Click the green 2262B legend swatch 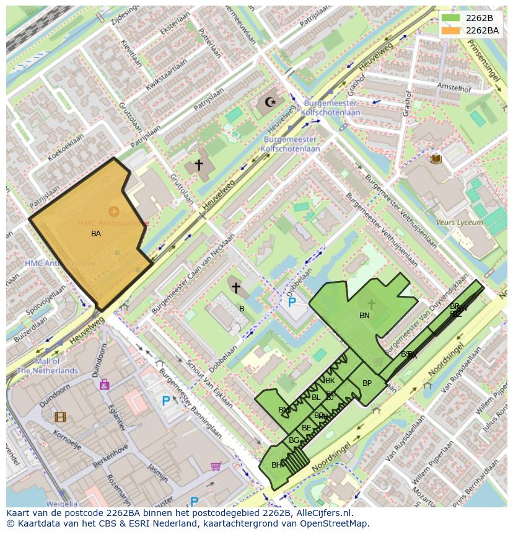point(450,18)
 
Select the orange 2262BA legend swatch point(450,30)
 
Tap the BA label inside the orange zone point(96,234)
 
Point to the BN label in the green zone point(364,316)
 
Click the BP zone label point(367,383)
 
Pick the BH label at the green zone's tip point(276,465)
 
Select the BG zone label point(294,440)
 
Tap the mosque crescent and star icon point(270,102)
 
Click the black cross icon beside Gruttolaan point(199,164)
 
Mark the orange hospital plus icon point(114,211)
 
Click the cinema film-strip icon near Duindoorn point(60,417)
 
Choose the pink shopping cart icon point(216,466)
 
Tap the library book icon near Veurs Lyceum point(436,159)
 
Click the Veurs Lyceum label point(459,222)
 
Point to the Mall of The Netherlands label point(47,366)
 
